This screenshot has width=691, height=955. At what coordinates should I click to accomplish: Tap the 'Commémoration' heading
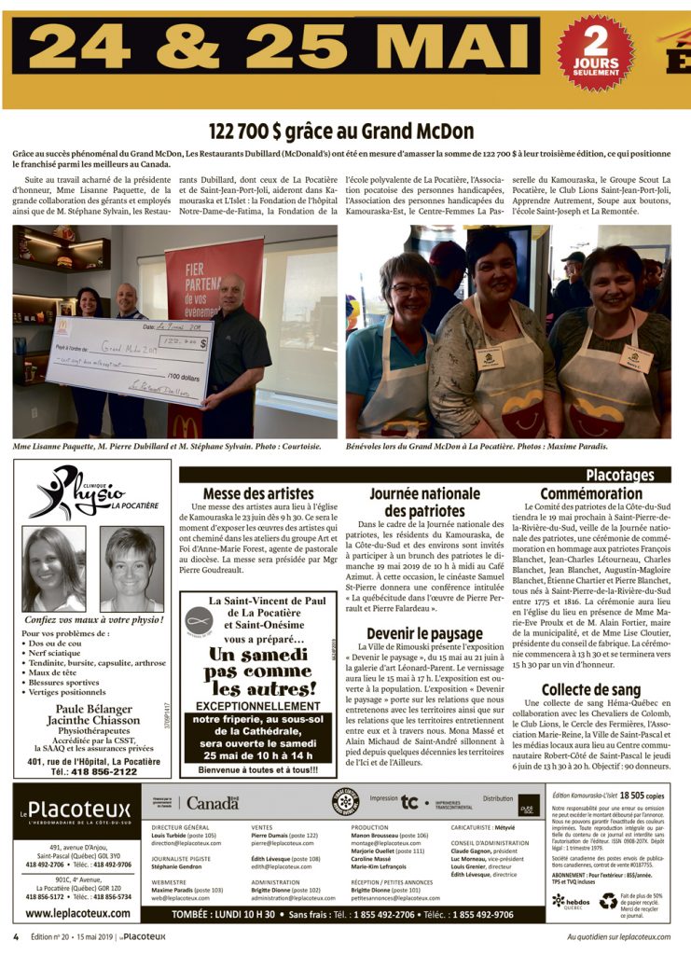590,492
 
